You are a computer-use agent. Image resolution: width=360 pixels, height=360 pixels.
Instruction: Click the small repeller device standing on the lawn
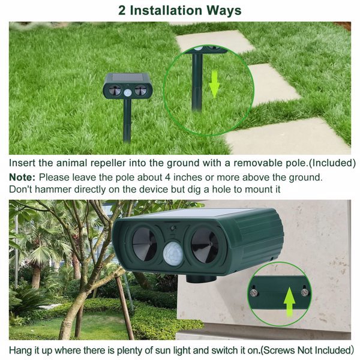click(x=127, y=89)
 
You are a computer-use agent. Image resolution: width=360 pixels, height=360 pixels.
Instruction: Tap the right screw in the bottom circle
click(x=305, y=292)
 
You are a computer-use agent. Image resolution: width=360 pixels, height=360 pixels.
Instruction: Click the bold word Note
click(x=22, y=178)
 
